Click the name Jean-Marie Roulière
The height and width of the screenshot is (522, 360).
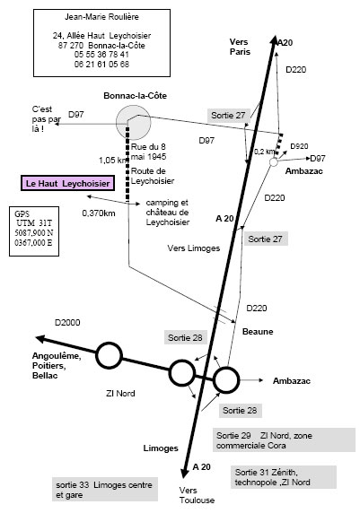coord(101,17)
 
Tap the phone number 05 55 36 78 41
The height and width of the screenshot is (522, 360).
coord(101,55)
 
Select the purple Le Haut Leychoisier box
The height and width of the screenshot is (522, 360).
coord(67,184)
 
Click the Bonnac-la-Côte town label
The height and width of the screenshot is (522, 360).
coord(135,96)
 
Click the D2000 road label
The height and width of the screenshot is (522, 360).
coord(67,322)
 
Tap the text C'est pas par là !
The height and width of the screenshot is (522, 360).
coord(47,119)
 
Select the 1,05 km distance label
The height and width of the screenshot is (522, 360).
coord(113,161)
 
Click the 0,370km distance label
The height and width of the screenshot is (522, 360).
coord(99,213)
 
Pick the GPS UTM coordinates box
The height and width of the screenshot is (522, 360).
coord(34,231)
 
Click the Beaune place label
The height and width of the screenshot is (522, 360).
coord(258,332)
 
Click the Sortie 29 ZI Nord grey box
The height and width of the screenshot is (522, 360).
coord(284,440)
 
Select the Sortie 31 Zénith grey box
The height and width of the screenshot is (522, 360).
coord(284,477)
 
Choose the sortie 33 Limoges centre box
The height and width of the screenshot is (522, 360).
coord(105,490)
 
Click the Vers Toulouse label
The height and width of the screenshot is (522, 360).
coord(197,495)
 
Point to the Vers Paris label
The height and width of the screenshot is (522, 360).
coord(240,47)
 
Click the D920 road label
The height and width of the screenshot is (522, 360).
coord(299,146)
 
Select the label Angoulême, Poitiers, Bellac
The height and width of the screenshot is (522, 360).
coord(57,366)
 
